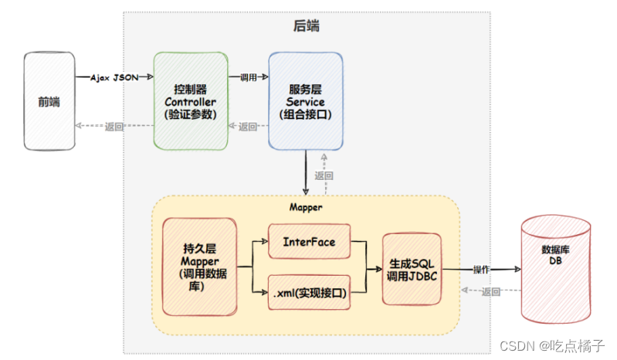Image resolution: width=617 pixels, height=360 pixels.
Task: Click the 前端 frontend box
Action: tap(49, 100)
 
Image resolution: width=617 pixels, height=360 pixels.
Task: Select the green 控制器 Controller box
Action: tap(190, 100)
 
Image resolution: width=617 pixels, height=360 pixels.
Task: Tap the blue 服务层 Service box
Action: tap(305, 100)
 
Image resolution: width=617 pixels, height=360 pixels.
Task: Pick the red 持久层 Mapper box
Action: tap(200, 267)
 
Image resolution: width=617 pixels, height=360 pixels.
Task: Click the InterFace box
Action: tap(309, 242)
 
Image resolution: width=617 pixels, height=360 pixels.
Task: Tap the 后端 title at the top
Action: tap(307, 25)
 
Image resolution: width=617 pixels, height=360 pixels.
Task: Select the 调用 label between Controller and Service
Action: tap(248, 77)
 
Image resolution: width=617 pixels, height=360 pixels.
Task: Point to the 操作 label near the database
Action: tap(481, 270)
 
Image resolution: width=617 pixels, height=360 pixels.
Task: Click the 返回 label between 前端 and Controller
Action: tap(114, 127)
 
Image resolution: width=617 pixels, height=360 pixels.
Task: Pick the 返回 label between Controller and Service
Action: tap(248, 127)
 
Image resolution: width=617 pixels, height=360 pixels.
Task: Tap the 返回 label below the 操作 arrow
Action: tap(491, 291)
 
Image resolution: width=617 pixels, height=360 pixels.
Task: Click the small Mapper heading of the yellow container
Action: tap(306, 207)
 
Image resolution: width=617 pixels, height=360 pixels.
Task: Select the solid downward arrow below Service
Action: tap(307, 171)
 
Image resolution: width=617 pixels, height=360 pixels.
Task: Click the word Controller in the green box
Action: tap(190, 101)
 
